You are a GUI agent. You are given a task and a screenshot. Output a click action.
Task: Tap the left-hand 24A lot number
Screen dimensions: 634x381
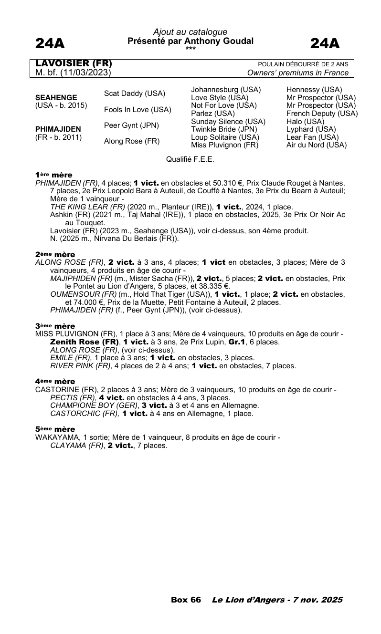coord(50,44)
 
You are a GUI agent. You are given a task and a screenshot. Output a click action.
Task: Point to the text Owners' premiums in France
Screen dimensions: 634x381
coord(298,73)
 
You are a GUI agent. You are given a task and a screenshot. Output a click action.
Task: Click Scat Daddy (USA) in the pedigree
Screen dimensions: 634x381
coord(135,94)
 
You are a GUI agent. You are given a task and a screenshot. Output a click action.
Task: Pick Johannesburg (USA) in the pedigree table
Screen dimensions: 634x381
coord(226,90)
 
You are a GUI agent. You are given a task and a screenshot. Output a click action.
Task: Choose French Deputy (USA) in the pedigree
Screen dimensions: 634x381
coord(322,114)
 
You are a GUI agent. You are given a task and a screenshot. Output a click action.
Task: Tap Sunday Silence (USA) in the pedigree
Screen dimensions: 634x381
coord(228,122)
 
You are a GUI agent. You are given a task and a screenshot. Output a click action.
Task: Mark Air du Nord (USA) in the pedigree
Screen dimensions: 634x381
coord(317,145)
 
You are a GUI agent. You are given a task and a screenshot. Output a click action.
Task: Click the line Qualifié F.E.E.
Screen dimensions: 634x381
coord(190,160)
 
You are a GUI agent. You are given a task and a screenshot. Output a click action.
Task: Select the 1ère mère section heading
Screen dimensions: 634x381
coord(53,176)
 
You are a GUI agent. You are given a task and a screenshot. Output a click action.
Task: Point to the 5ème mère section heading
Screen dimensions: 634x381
coord(55,429)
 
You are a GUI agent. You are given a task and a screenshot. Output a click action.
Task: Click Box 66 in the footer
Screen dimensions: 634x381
coord(186,600)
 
